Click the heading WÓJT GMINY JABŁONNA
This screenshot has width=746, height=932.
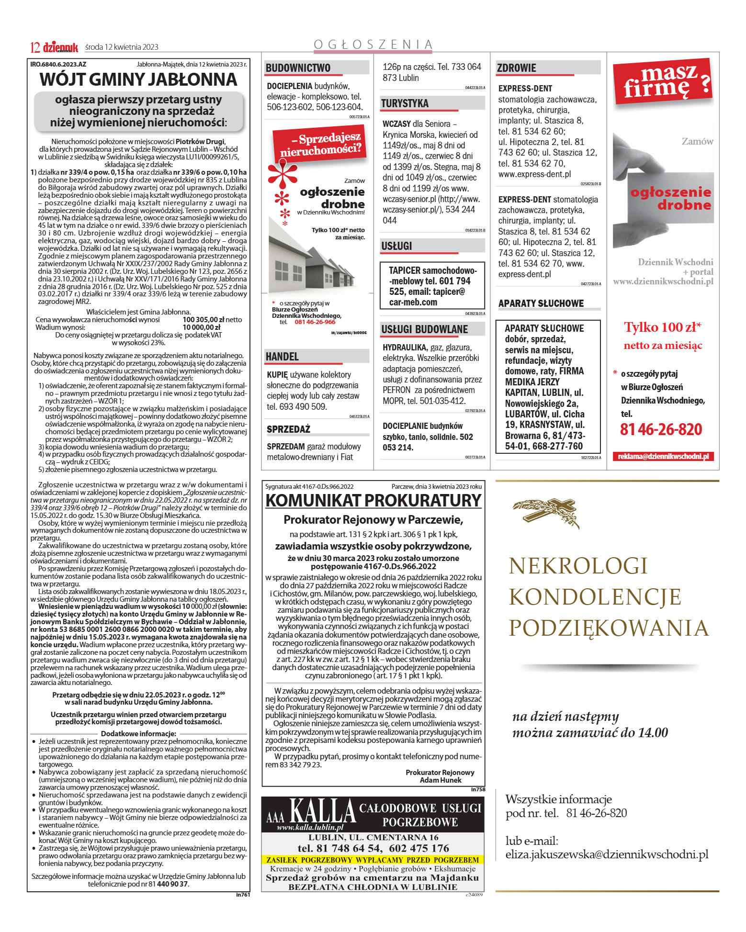point(138,79)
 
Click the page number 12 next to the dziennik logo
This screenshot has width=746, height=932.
point(34,47)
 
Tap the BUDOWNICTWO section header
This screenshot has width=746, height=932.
point(298,68)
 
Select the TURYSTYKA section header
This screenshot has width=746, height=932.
point(405,103)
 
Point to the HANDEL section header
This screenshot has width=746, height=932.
point(282,357)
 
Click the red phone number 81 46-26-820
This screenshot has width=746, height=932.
point(661,429)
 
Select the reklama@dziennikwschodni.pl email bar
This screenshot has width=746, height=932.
point(663,456)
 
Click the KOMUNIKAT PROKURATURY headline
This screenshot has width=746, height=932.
point(373,500)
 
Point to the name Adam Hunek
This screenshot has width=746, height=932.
point(440,780)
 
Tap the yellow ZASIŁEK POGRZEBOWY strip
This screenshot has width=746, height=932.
point(373,860)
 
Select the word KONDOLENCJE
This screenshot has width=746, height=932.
point(594,597)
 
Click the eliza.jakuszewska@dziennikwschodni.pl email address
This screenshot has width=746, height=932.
point(607,854)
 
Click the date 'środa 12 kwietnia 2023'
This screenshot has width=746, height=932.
point(122,47)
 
